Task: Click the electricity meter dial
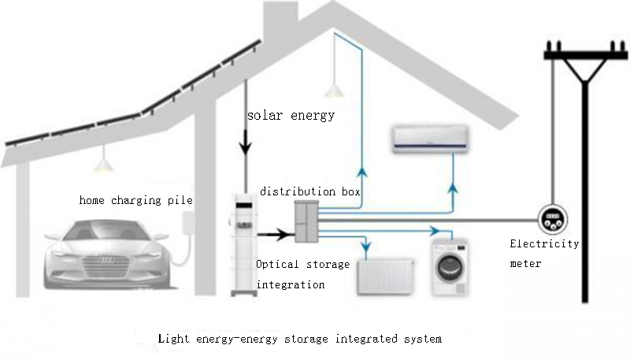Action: pos(553,219)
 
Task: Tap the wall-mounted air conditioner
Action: pos(430,139)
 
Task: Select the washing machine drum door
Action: pos(450,269)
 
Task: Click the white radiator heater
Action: pos(385,276)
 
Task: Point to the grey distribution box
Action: pos(306,222)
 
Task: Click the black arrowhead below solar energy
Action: pos(246,147)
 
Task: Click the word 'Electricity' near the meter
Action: pos(544,244)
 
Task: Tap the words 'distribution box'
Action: pos(309,191)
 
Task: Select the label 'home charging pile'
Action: pos(135,200)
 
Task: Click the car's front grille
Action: pos(106,266)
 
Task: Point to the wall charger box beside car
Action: pos(187,222)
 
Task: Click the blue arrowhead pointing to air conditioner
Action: pos(453,188)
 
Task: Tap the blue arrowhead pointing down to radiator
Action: pos(366,247)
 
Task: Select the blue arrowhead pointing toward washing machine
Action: pos(435,231)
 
